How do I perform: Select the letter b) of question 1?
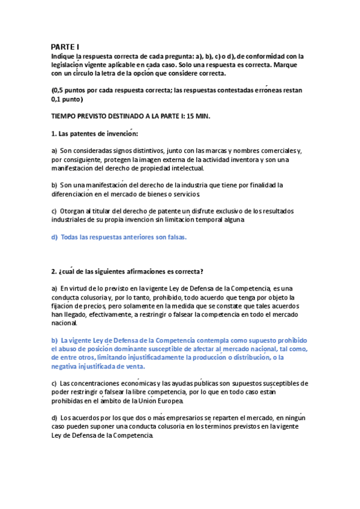pos(54,185)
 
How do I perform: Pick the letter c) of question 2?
pos(54,383)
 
